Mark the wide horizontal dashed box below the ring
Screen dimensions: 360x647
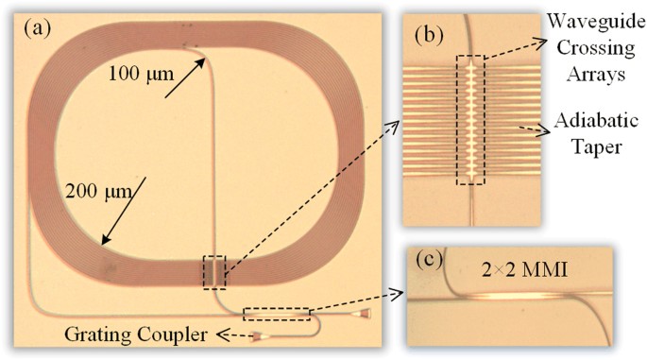click(276, 313)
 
